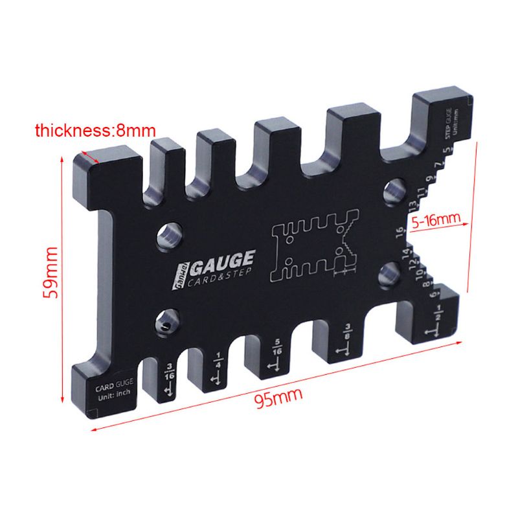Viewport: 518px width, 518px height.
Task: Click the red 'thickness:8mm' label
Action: (91, 131)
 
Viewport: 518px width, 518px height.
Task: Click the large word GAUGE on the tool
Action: (221, 261)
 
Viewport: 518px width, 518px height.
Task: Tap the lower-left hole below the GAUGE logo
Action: (168, 322)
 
